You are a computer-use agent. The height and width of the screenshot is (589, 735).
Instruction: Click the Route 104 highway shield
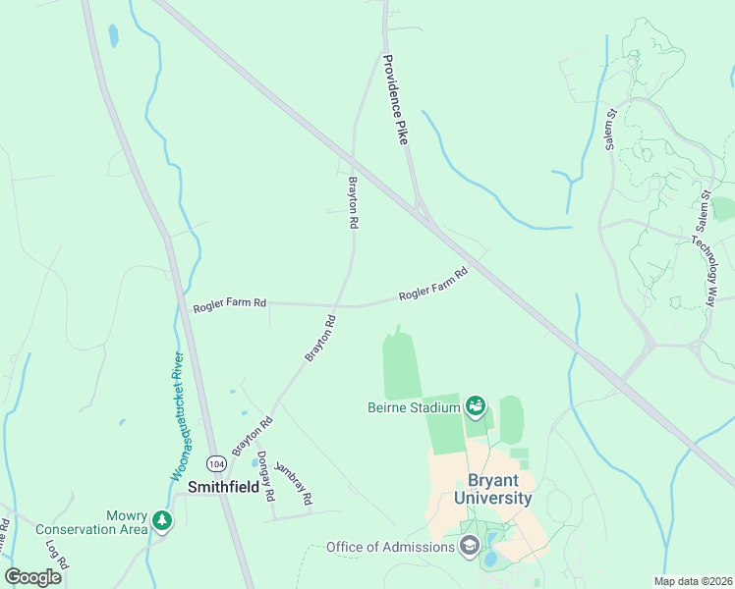coord(215,462)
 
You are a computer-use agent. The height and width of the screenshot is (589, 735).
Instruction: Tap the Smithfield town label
coord(223,486)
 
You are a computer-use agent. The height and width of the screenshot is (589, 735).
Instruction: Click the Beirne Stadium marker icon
coord(476,404)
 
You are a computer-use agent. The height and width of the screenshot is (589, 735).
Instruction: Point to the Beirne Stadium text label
coord(414,407)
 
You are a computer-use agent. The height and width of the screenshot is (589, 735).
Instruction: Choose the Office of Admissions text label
coord(391,547)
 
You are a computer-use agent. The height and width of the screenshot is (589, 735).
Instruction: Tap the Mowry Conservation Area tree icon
coord(162,520)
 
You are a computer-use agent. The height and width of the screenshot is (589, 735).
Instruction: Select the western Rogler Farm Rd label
coord(229,304)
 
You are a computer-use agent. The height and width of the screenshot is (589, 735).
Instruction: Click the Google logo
coord(32,577)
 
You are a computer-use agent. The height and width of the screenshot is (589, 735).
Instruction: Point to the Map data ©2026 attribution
coord(693,581)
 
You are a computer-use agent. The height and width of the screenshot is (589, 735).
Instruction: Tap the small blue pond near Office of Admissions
coord(489,561)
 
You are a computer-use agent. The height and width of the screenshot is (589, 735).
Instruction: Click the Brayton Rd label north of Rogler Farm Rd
coord(352,202)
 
